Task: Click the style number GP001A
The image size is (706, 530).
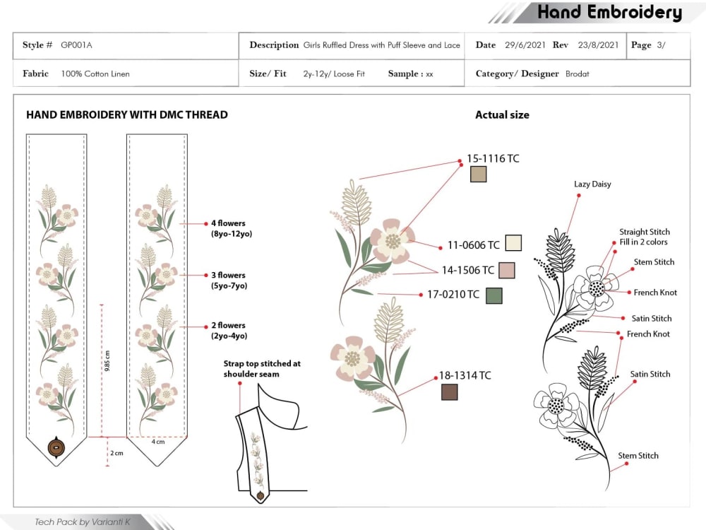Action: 76,45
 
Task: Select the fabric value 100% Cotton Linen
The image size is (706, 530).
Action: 95,74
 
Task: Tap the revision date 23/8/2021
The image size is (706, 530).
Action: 599,45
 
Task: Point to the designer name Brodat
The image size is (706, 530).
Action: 578,74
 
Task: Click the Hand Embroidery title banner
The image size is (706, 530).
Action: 610,12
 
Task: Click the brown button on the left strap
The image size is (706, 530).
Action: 56,447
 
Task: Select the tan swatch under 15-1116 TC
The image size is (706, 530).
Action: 478,174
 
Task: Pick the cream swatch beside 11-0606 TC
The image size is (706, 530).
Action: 513,243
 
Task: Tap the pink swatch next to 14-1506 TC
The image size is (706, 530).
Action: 506,271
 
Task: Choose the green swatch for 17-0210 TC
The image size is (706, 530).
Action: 494,295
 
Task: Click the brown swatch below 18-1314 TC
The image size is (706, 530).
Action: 449,392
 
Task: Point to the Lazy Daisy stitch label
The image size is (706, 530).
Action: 592,184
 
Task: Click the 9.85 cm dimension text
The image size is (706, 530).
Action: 107,360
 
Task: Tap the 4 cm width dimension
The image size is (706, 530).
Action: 158,442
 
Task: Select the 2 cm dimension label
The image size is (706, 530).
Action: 116,453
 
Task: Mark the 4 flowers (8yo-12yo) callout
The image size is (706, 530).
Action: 232,228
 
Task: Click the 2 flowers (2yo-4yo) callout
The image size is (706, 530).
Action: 229,330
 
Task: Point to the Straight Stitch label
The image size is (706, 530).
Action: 645,232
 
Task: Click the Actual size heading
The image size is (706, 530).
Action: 502,115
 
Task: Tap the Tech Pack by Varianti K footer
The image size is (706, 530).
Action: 83,522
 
